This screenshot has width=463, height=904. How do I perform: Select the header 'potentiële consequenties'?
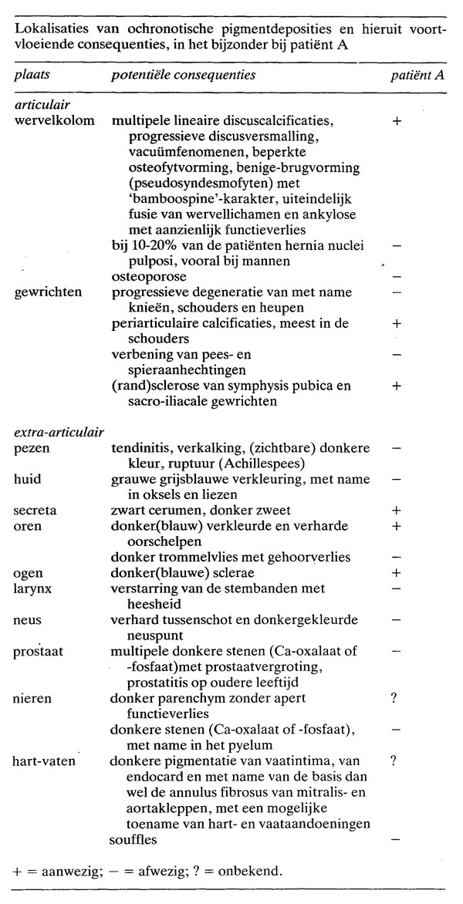(184, 76)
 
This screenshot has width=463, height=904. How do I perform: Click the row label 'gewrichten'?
(43, 292)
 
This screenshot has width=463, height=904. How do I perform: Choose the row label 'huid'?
(27, 479)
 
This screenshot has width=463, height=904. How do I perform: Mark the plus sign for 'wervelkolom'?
(396, 122)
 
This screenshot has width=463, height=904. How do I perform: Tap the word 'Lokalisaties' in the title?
(48, 29)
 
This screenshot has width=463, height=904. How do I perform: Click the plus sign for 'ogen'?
(396, 572)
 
